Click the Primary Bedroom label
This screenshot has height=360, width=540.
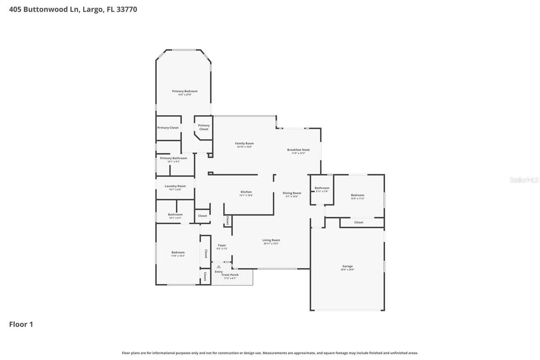tap(184, 91)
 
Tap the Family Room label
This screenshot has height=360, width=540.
tap(244, 143)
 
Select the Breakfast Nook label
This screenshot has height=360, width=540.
tap(298, 150)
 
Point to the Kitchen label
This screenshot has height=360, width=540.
tap(246, 192)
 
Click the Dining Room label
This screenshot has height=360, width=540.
tap(292, 193)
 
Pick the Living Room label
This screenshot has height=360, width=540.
tap(271, 240)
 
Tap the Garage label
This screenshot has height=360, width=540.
tap(347, 266)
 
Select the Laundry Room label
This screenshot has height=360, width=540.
tap(175, 186)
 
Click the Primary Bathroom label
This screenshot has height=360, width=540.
tap(173, 158)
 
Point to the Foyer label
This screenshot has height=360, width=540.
tap(222, 245)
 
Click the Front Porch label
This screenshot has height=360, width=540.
tap(230, 275)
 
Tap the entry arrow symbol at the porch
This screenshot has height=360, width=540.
tap(219, 267)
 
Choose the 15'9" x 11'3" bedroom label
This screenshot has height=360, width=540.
tap(357, 195)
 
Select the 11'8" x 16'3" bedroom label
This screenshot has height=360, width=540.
tap(178, 252)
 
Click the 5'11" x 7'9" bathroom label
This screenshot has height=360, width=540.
tap(322, 188)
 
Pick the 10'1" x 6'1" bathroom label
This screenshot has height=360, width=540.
tap(175, 214)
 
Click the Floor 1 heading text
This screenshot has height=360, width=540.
tap(21, 324)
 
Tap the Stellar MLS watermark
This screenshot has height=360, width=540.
tap(524, 180)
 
